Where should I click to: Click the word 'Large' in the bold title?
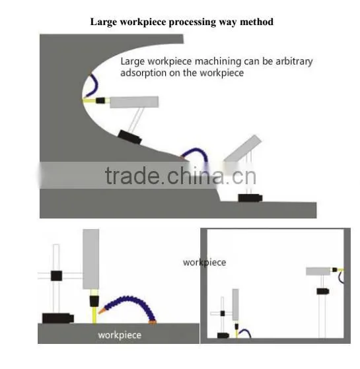(104, 22)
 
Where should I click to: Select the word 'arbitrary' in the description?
(294, 61)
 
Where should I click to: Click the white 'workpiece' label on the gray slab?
(120, 335)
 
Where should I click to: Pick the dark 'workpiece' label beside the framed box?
(204, 262)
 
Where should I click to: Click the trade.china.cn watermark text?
(180, 176)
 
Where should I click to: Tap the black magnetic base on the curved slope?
(129, 137)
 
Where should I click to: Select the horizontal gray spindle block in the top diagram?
(133, 102)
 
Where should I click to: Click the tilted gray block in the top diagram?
(242, 149)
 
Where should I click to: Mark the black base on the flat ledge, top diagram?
(250, 198)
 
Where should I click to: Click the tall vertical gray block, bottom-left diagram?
(91, 259)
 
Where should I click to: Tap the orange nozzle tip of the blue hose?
(102, 311)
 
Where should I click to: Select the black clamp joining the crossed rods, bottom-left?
(57, 275)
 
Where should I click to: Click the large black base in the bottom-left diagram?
(58, 318)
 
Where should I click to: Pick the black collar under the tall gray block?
(94, 301)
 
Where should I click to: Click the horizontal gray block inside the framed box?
(318, 271)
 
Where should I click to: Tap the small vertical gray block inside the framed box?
(235, 304)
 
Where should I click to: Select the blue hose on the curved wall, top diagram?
(94, 85)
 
